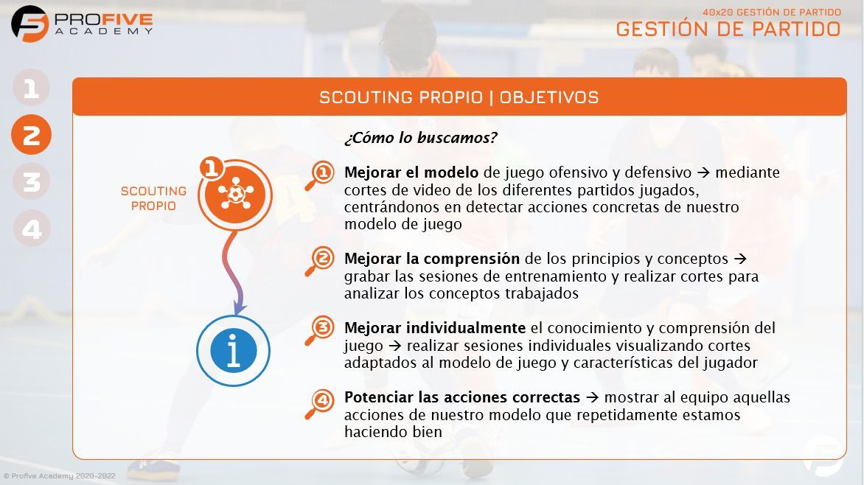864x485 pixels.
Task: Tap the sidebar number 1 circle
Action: (x=31, y=88)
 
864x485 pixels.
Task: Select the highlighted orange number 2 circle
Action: (x=31, y=135)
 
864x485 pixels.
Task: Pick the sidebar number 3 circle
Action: (x=31, y=181)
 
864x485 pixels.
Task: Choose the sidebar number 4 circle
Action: (x=31, y=228)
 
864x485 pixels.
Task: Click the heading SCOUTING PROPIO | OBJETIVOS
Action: (x=459, y=97)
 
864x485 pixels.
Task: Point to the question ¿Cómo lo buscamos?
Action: (x=420, y=138)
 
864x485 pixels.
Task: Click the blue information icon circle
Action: (x=234, y=351)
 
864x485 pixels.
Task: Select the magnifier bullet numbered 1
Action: (x=321, y=175)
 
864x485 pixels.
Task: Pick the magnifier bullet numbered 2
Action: (x=321, y=260)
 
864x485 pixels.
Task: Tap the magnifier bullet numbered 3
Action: (x=321, y=329)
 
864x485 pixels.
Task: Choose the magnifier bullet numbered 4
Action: (x=321, y=402)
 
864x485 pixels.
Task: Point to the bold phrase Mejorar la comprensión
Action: (x=432, y=259)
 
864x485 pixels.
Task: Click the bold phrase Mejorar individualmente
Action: (x=435, y=327)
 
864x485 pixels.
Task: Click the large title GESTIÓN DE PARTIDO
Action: (x=728, y=29)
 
